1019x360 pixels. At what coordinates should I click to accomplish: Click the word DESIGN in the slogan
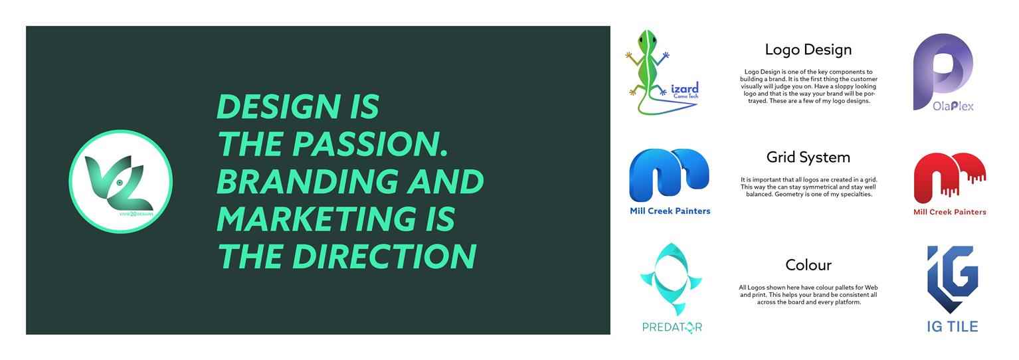tap(278, 106)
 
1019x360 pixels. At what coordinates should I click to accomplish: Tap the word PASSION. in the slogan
tap(370, 144)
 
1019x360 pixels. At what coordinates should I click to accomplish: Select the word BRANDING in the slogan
tap(307, 181)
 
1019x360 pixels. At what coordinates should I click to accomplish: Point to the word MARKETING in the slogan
tap(316, 219)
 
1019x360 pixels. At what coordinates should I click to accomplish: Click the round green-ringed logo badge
tap(120, 181)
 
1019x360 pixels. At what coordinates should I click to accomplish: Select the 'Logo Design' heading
tap(808, 50)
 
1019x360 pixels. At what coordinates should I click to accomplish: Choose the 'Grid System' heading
tap(808, 157)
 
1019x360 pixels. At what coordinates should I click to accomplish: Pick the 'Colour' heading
tap(808, 265)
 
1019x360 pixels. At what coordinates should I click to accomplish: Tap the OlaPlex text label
tap(953, 106)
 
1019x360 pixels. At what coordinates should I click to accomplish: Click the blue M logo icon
tap(669, 175)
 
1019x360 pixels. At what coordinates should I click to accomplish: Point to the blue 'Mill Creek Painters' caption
tap(670, 211)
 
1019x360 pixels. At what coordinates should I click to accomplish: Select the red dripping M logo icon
tap(949, 178)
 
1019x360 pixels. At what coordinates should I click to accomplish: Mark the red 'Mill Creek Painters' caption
tap(950, 212)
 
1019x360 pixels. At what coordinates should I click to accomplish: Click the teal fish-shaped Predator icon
tap(671, 279)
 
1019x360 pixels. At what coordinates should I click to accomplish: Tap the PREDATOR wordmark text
tap(672, 327)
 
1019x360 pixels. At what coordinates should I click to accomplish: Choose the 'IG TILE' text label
tap(953, 327)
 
